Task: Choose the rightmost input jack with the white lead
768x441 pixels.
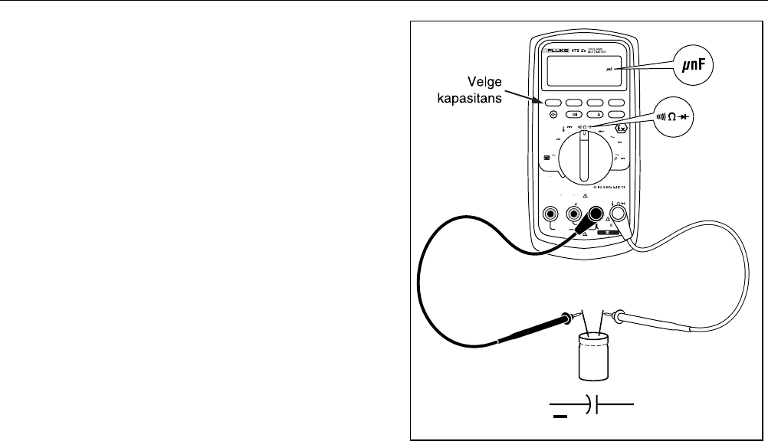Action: click(x=619, y=214)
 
